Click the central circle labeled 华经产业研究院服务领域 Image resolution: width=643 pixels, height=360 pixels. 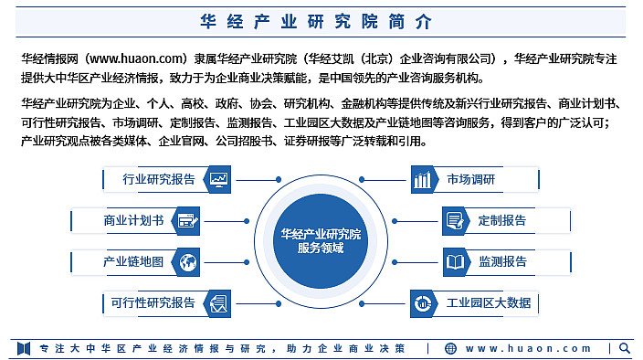321,240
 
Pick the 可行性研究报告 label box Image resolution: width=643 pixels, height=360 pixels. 153,302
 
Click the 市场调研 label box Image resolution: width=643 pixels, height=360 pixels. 471,180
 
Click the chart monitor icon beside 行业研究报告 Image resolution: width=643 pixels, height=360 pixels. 219,180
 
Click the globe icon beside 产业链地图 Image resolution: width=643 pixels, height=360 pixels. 188,262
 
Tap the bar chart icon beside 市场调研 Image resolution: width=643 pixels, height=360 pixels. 422,180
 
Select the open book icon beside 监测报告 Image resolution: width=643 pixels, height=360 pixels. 455,262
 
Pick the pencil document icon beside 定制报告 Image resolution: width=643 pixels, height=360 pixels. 455,220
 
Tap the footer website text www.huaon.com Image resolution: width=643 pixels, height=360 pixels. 529,348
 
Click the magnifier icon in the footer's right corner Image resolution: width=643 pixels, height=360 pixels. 625,347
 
